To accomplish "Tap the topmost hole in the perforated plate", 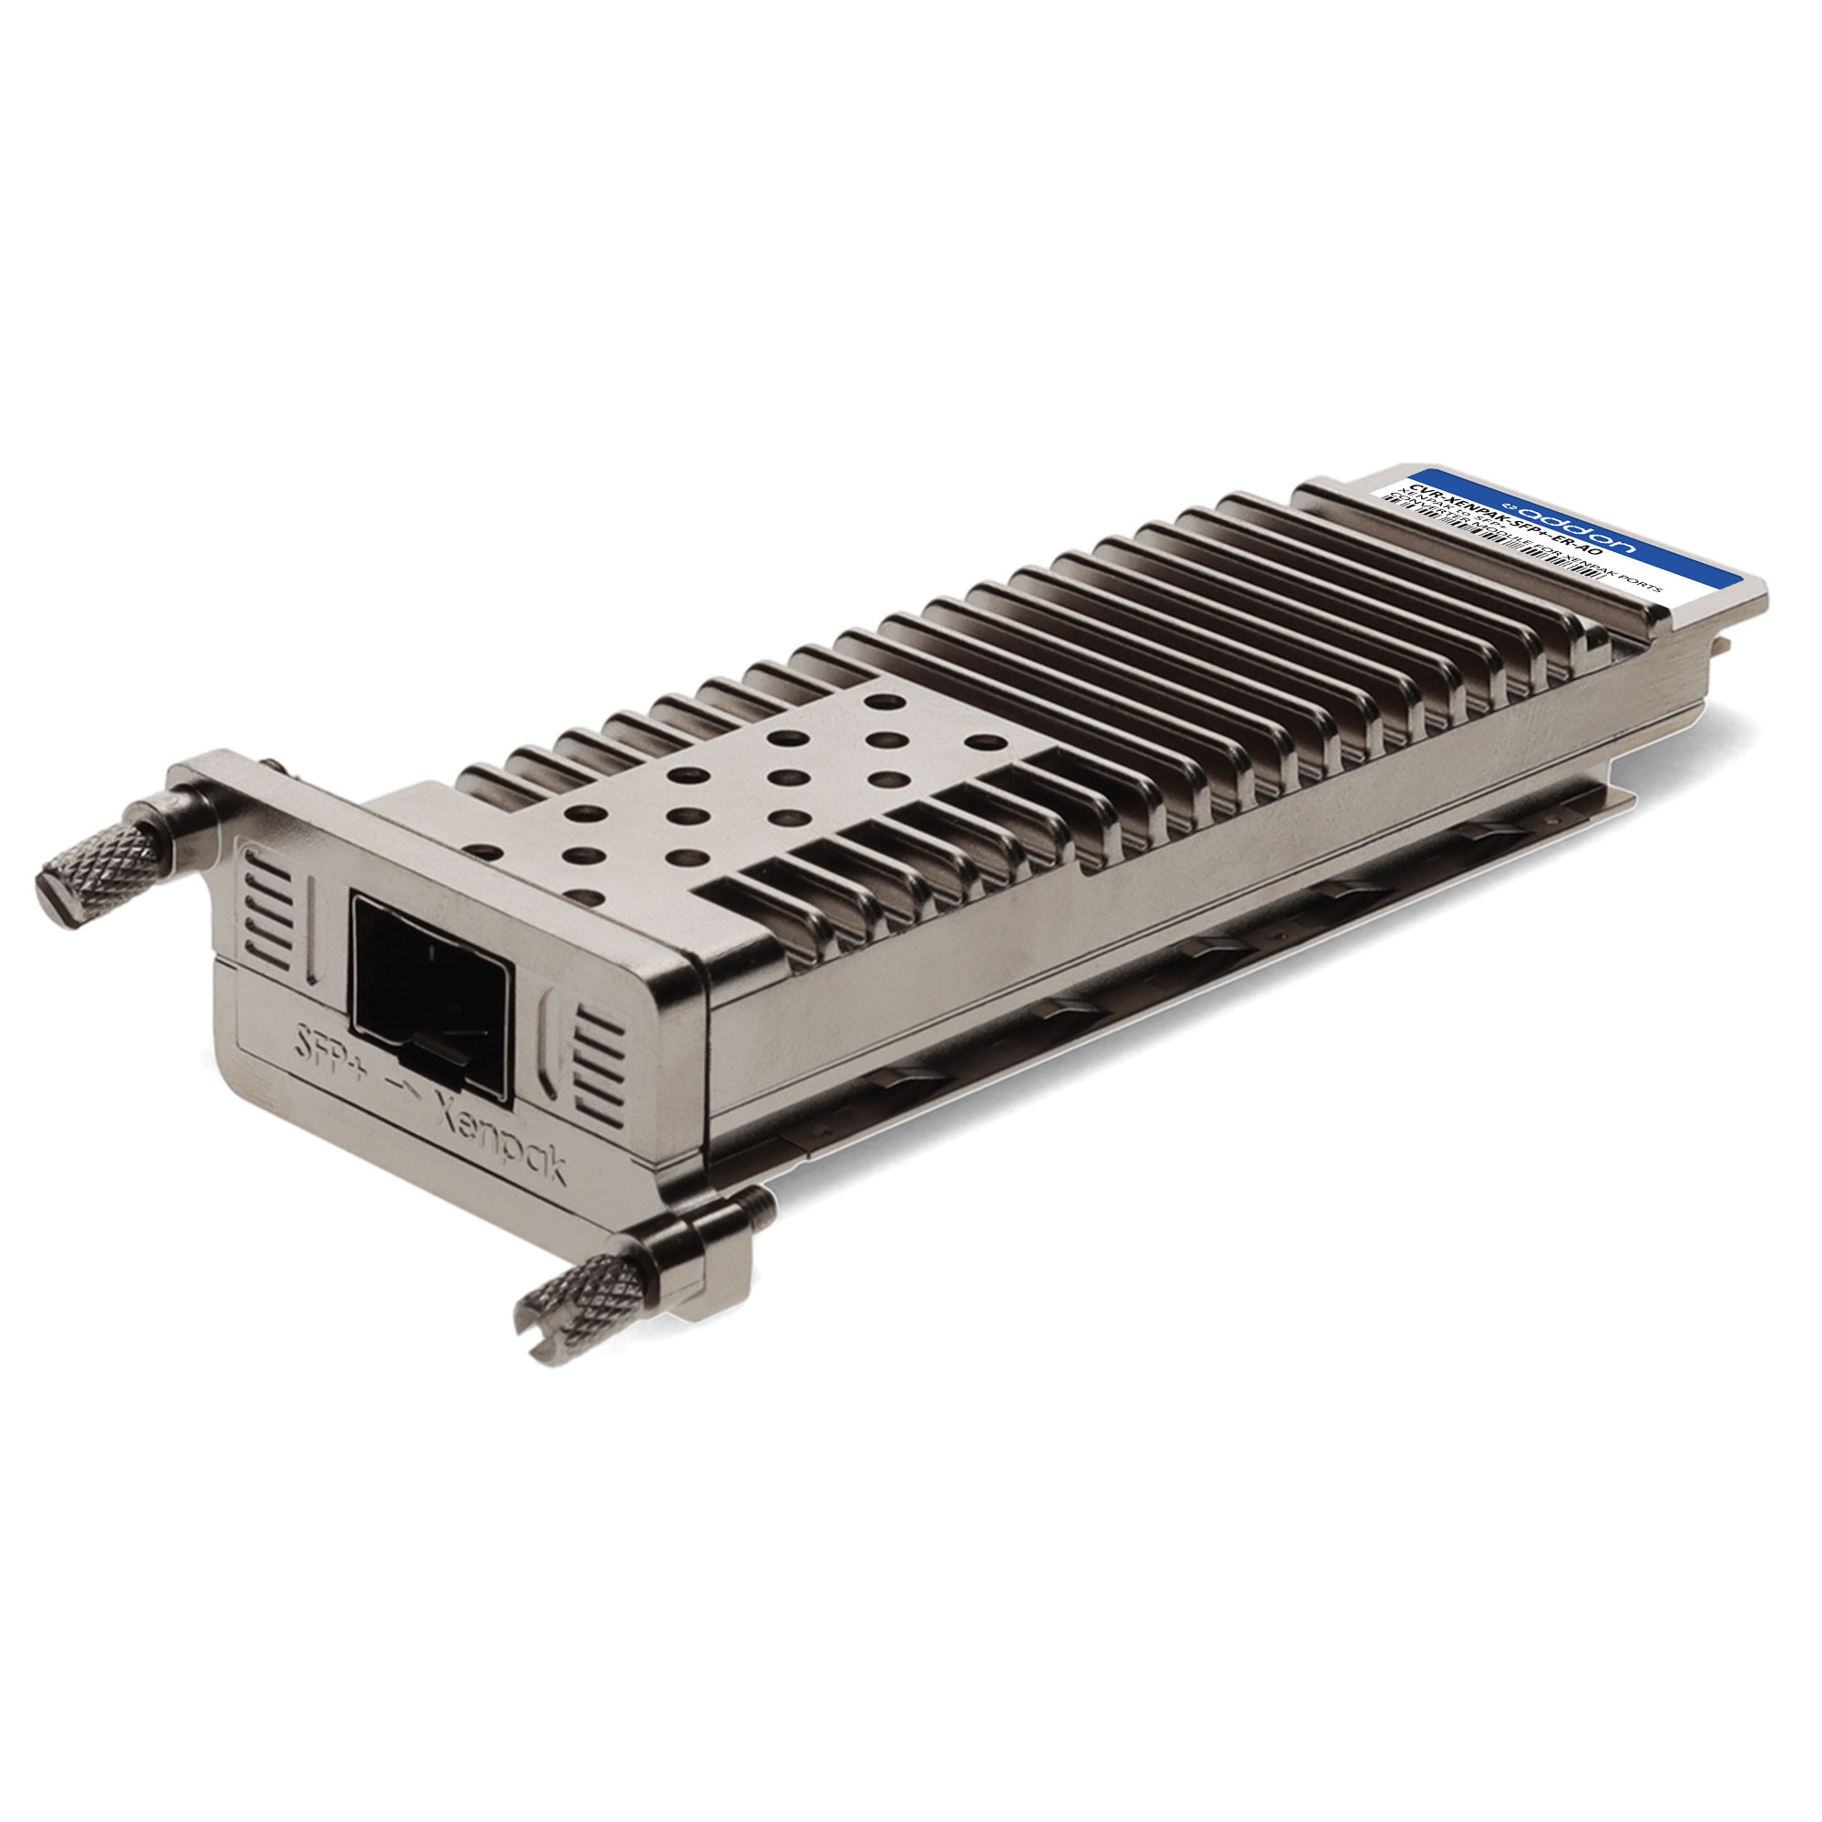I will click(x=883, y=701).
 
